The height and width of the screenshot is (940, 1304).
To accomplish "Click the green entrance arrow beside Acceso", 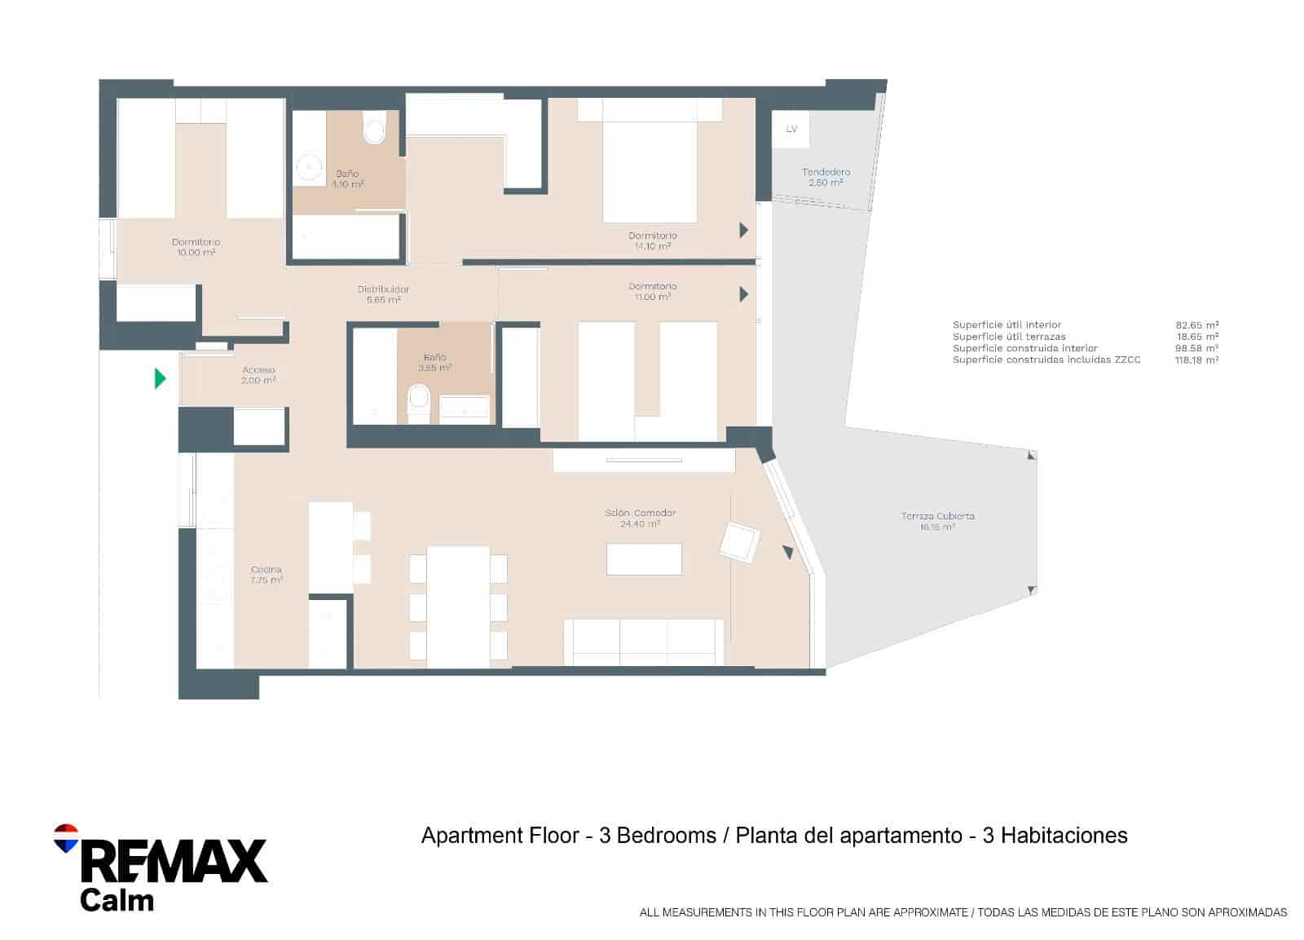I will (160, 378).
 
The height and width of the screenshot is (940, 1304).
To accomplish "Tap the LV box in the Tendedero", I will (791, 129).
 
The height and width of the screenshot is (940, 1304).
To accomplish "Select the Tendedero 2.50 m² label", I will (826, 177).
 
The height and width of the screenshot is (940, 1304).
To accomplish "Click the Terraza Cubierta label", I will (937, 521).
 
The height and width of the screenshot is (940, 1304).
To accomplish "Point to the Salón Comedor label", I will (640, 518).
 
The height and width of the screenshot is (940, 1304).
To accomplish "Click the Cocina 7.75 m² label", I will (267, 575).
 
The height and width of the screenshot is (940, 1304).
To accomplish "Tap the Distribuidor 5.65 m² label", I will (383, 294).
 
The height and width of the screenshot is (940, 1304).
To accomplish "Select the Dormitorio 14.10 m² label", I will (652, 241).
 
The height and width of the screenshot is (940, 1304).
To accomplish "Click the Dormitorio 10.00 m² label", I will (196, 247).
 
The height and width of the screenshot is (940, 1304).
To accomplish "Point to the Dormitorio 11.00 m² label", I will (652, 291).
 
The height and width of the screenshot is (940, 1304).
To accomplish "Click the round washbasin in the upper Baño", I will (310, 167).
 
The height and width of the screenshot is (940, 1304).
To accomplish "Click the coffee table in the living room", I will (644, 559).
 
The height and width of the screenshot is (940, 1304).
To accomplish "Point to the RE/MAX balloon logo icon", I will (65, 838).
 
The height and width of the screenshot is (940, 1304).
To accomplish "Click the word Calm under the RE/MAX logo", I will (117, 900).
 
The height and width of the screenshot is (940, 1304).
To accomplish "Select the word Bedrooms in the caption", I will (666, 836).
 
